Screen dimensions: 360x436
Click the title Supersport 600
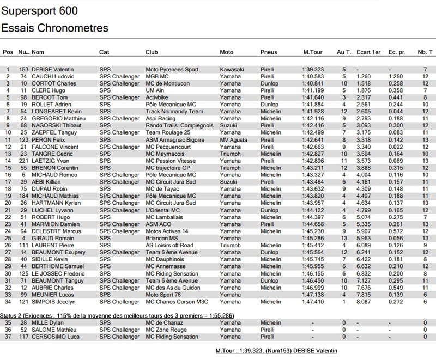click(x=40, y=11)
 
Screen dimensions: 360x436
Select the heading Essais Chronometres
click(x=55, y=28)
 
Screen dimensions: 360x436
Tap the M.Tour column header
click(x=314, y=52)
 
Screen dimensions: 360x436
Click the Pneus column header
click(x=269, y=52)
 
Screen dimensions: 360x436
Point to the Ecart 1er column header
click(x=368, y=52)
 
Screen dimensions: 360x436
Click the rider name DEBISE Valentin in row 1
click(x=53, y=70)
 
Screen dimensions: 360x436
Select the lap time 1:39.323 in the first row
click(x=314, y=70)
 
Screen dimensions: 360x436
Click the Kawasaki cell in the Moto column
click(x=232, y=70)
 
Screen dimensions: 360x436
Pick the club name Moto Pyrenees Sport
click(x=172, y=70)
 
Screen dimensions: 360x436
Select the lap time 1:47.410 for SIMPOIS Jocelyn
click(x=314, y=301)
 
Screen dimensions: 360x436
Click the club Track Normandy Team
click(x=174, y=112)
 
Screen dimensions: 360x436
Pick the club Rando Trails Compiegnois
click(x=180, y=126)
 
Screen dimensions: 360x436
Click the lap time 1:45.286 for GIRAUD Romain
click(x=314, y=238)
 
